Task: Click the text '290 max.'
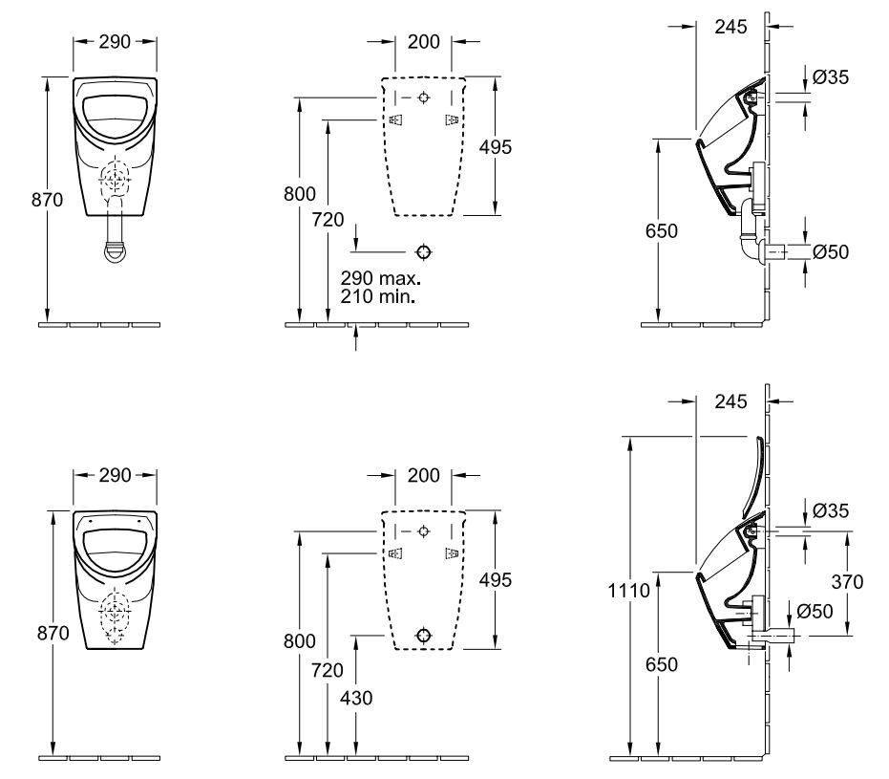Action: pos(380,278)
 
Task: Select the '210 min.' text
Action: pos(379,296)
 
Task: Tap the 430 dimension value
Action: pos(356,698)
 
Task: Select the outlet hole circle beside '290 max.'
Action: pos(424,251)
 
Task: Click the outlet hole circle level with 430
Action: pos(424,635)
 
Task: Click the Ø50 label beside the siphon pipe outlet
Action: pos(831,252)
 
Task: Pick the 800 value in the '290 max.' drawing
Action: pos(301,193)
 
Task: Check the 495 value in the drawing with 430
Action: pos(496,579)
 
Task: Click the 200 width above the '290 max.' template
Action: pos(423,42)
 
